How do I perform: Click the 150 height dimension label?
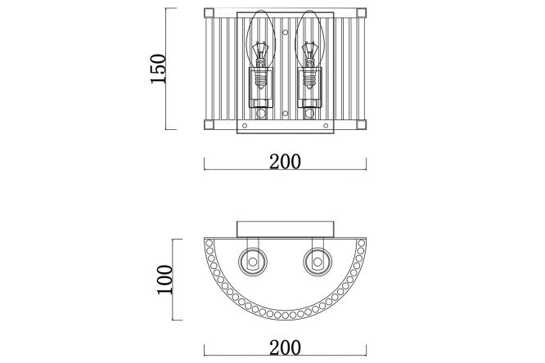pos(159,69)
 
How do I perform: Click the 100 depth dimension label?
pos(165,280)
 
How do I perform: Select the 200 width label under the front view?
pos(285,162)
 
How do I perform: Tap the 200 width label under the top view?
pos(285,347)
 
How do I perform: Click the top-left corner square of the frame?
pos(209,13)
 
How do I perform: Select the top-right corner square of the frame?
pos(361,13)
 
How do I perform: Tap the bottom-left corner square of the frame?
pos(209,124)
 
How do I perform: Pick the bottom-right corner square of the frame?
pos(361,124)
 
